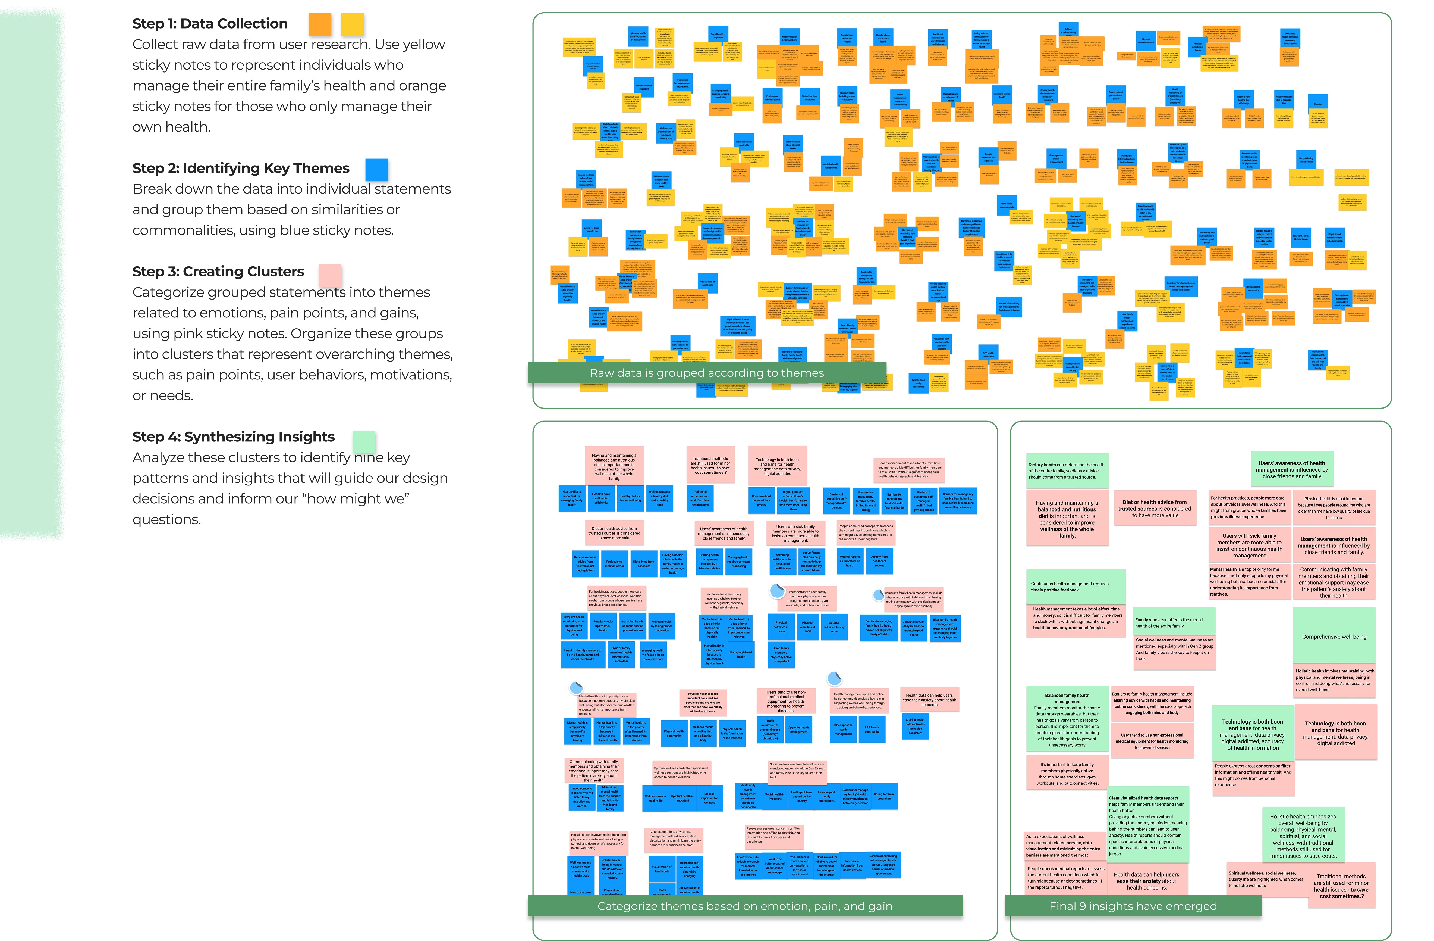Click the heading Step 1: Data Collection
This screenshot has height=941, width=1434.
coord(210,23)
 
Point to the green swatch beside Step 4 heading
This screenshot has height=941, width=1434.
coord(364,442)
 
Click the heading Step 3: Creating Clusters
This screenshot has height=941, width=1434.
coord(218,272)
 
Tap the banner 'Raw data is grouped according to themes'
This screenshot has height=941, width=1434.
coord(707,373)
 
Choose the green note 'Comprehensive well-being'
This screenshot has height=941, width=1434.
coord(1334,637)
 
